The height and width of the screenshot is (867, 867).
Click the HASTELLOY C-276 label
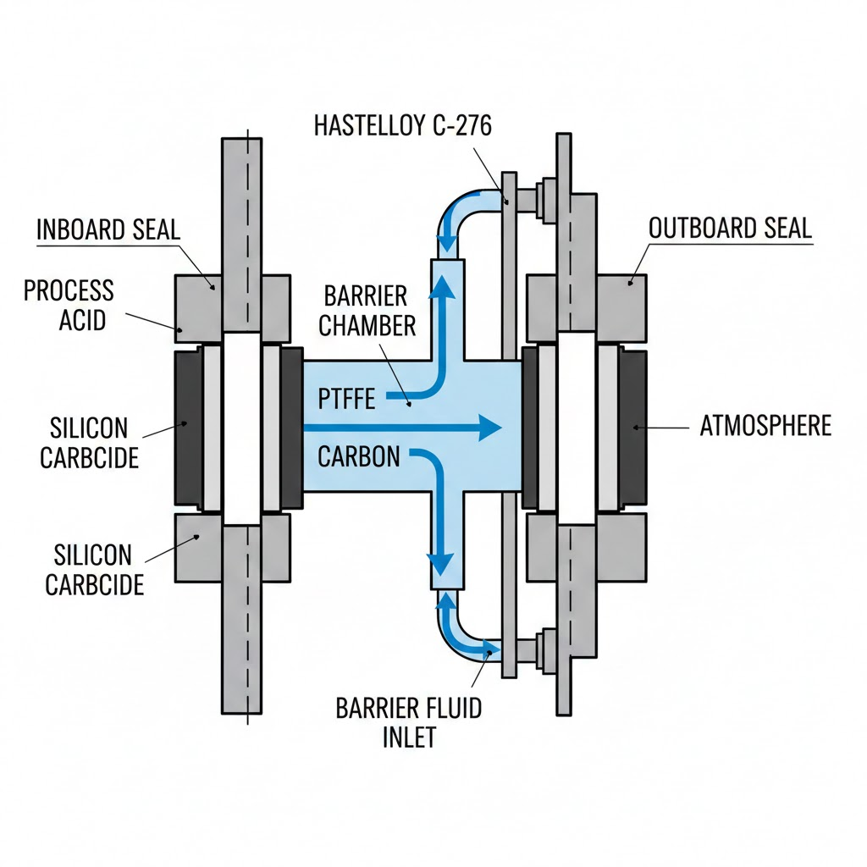(x=402, y=125)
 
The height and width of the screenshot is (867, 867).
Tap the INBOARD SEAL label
(x=108, y=229)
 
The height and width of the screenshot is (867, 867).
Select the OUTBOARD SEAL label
(x=730, y=228)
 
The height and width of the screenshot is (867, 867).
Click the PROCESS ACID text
(x=68, y=305)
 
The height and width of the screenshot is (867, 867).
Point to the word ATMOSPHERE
(x=765, y=425)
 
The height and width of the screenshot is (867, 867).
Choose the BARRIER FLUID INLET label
(x=408, y=721)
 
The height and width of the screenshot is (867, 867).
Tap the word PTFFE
(x=346, y=399)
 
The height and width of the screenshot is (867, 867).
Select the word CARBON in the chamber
(x=359, y=457)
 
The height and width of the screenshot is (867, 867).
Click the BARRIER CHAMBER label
(x=368, y=311)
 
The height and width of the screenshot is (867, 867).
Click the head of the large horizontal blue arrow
(x=489, y=428)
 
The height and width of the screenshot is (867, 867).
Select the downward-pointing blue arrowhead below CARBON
(x=439, y=563)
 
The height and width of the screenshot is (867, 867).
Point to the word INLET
(x=408, y=736)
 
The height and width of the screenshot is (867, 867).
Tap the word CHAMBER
(x=368, y=325)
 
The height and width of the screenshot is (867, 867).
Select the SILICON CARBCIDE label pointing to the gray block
(x=93, y=570)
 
